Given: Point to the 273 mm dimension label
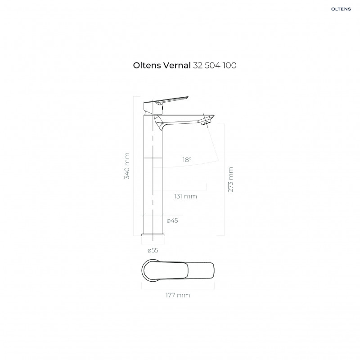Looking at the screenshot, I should pos(231,180).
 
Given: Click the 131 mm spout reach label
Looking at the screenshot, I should pos(185,196).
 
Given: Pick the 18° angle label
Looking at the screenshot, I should pos(187,160).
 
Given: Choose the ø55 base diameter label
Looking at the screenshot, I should pos(153,250).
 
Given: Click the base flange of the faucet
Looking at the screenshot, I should pos(153,234).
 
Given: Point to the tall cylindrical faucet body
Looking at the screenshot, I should pos(153,180).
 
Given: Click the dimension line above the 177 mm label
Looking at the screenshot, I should pos(178,288).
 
